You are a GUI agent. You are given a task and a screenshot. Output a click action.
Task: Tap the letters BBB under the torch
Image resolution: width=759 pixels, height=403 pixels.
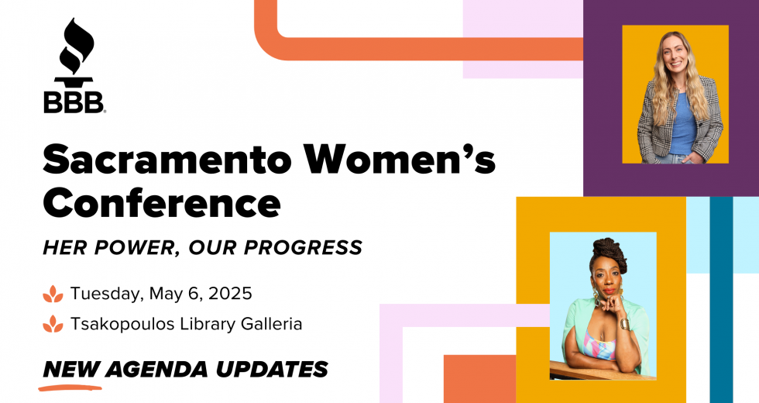tap(74, 102)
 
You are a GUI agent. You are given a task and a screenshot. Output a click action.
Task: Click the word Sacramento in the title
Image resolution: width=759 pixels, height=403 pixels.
tap(167, 159)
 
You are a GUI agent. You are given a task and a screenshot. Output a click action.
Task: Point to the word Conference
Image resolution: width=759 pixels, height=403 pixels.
tap(162, 202)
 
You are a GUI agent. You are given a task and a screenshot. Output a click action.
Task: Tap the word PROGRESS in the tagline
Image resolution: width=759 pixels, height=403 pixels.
tap(303, 247)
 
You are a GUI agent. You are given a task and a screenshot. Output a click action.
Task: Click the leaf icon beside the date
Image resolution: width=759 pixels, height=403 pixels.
tap(53, 294)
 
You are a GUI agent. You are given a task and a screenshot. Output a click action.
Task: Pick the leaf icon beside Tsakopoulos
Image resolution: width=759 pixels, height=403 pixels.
tap(53, 324)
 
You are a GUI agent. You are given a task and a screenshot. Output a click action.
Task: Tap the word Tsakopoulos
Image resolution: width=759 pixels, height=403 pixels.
tap(123, 324)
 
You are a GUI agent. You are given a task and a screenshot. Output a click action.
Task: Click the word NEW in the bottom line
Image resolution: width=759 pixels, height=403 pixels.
tap(71, 370)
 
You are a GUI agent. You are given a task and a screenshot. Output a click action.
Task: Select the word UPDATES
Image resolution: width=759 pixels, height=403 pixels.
tap(272, 369)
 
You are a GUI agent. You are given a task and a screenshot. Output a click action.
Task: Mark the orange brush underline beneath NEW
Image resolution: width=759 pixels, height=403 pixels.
tap(70, 387)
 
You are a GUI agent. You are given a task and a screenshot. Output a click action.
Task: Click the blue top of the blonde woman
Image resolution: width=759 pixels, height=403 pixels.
tap(682, 123)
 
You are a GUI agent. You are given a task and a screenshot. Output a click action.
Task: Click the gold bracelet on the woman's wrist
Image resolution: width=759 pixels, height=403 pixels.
tap(624, 324)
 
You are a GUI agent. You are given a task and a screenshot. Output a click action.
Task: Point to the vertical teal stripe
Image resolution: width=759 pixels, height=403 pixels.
tap(721, 300)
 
